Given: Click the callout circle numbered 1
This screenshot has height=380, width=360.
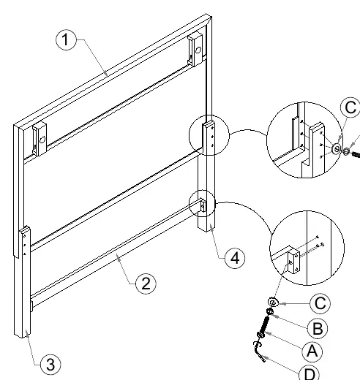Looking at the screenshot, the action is click(66, 39).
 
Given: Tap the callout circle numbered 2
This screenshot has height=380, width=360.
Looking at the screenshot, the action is click(146, 284).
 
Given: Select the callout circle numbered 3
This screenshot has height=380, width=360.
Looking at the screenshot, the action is click(50, 365).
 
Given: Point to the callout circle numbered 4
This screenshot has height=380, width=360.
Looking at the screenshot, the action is click(235, 258).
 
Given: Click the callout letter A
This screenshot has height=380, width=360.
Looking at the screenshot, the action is click(312, 351).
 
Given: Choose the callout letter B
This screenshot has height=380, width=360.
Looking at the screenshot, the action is click(318, 328).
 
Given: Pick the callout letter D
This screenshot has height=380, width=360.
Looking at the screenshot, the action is click(310, 373).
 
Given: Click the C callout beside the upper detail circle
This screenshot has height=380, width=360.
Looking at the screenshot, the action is click(350, 107).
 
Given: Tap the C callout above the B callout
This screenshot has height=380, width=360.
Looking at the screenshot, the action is click(320, 303).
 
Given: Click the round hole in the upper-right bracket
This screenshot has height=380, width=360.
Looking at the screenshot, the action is click(198, 50).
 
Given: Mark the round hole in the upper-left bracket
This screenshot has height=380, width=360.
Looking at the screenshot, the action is click(42, 140).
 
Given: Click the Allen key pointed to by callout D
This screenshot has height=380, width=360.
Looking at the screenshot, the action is click(259, 351).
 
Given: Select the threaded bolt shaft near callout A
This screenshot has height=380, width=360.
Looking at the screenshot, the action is click(264, 324).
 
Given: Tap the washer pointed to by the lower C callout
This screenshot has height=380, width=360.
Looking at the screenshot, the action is click(274, 303).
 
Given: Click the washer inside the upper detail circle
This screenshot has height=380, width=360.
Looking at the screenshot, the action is click(337, 148).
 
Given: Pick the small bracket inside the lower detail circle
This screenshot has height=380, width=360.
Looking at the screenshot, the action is click(293, 261).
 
